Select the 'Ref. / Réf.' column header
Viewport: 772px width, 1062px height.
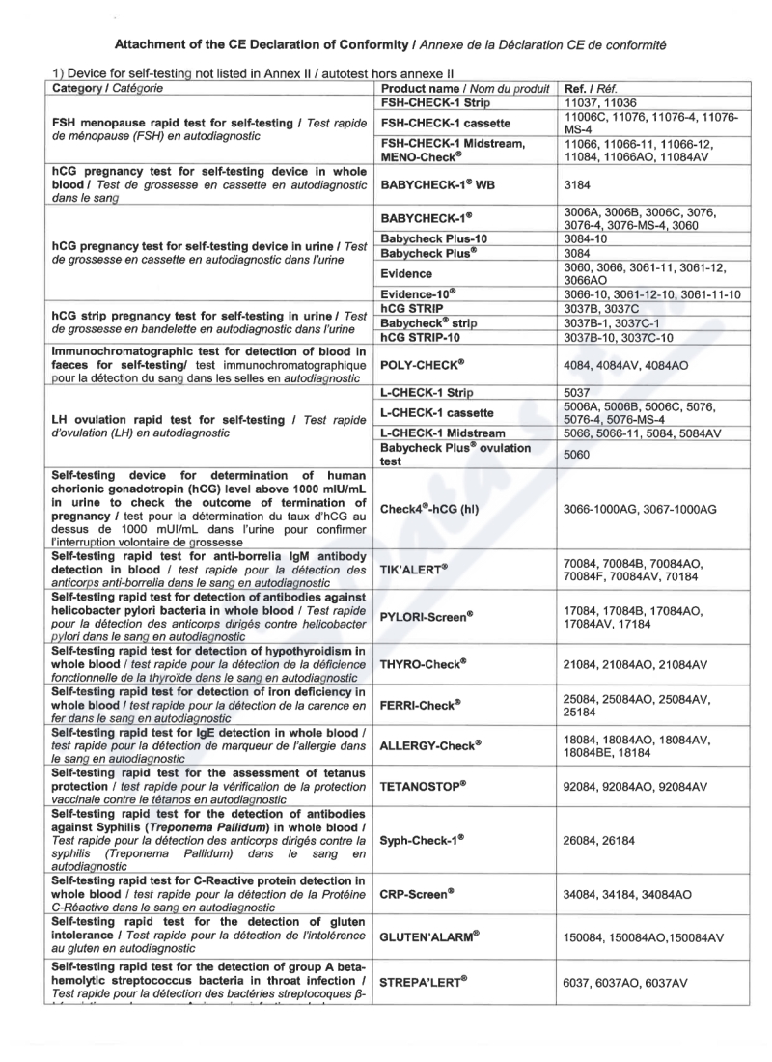(x=592, y=88)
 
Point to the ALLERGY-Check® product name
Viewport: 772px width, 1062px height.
(x=431, y=744)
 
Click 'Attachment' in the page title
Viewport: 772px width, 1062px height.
(x=152, y=45)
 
